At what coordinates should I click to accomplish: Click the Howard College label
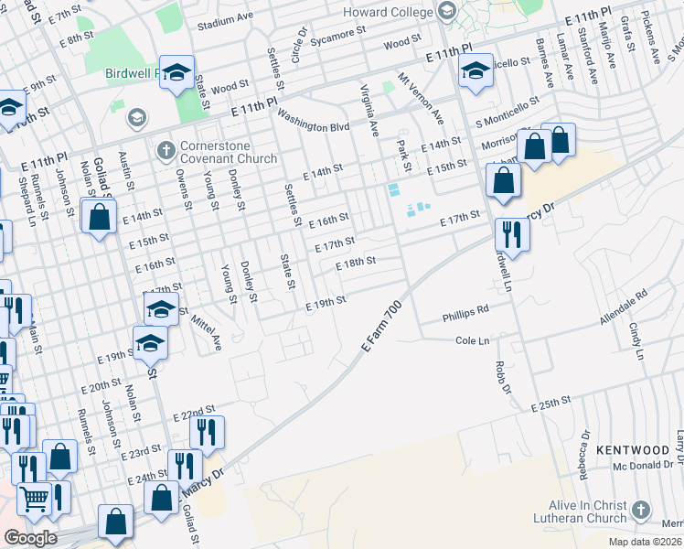coord(388,12)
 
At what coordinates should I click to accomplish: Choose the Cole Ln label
coord(473,340)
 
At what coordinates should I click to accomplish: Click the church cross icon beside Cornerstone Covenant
coord(166,149)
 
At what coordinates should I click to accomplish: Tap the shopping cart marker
coord(34,499)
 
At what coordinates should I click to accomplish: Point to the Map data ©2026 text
coord(645,542)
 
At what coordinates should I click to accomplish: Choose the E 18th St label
coord(357,262)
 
